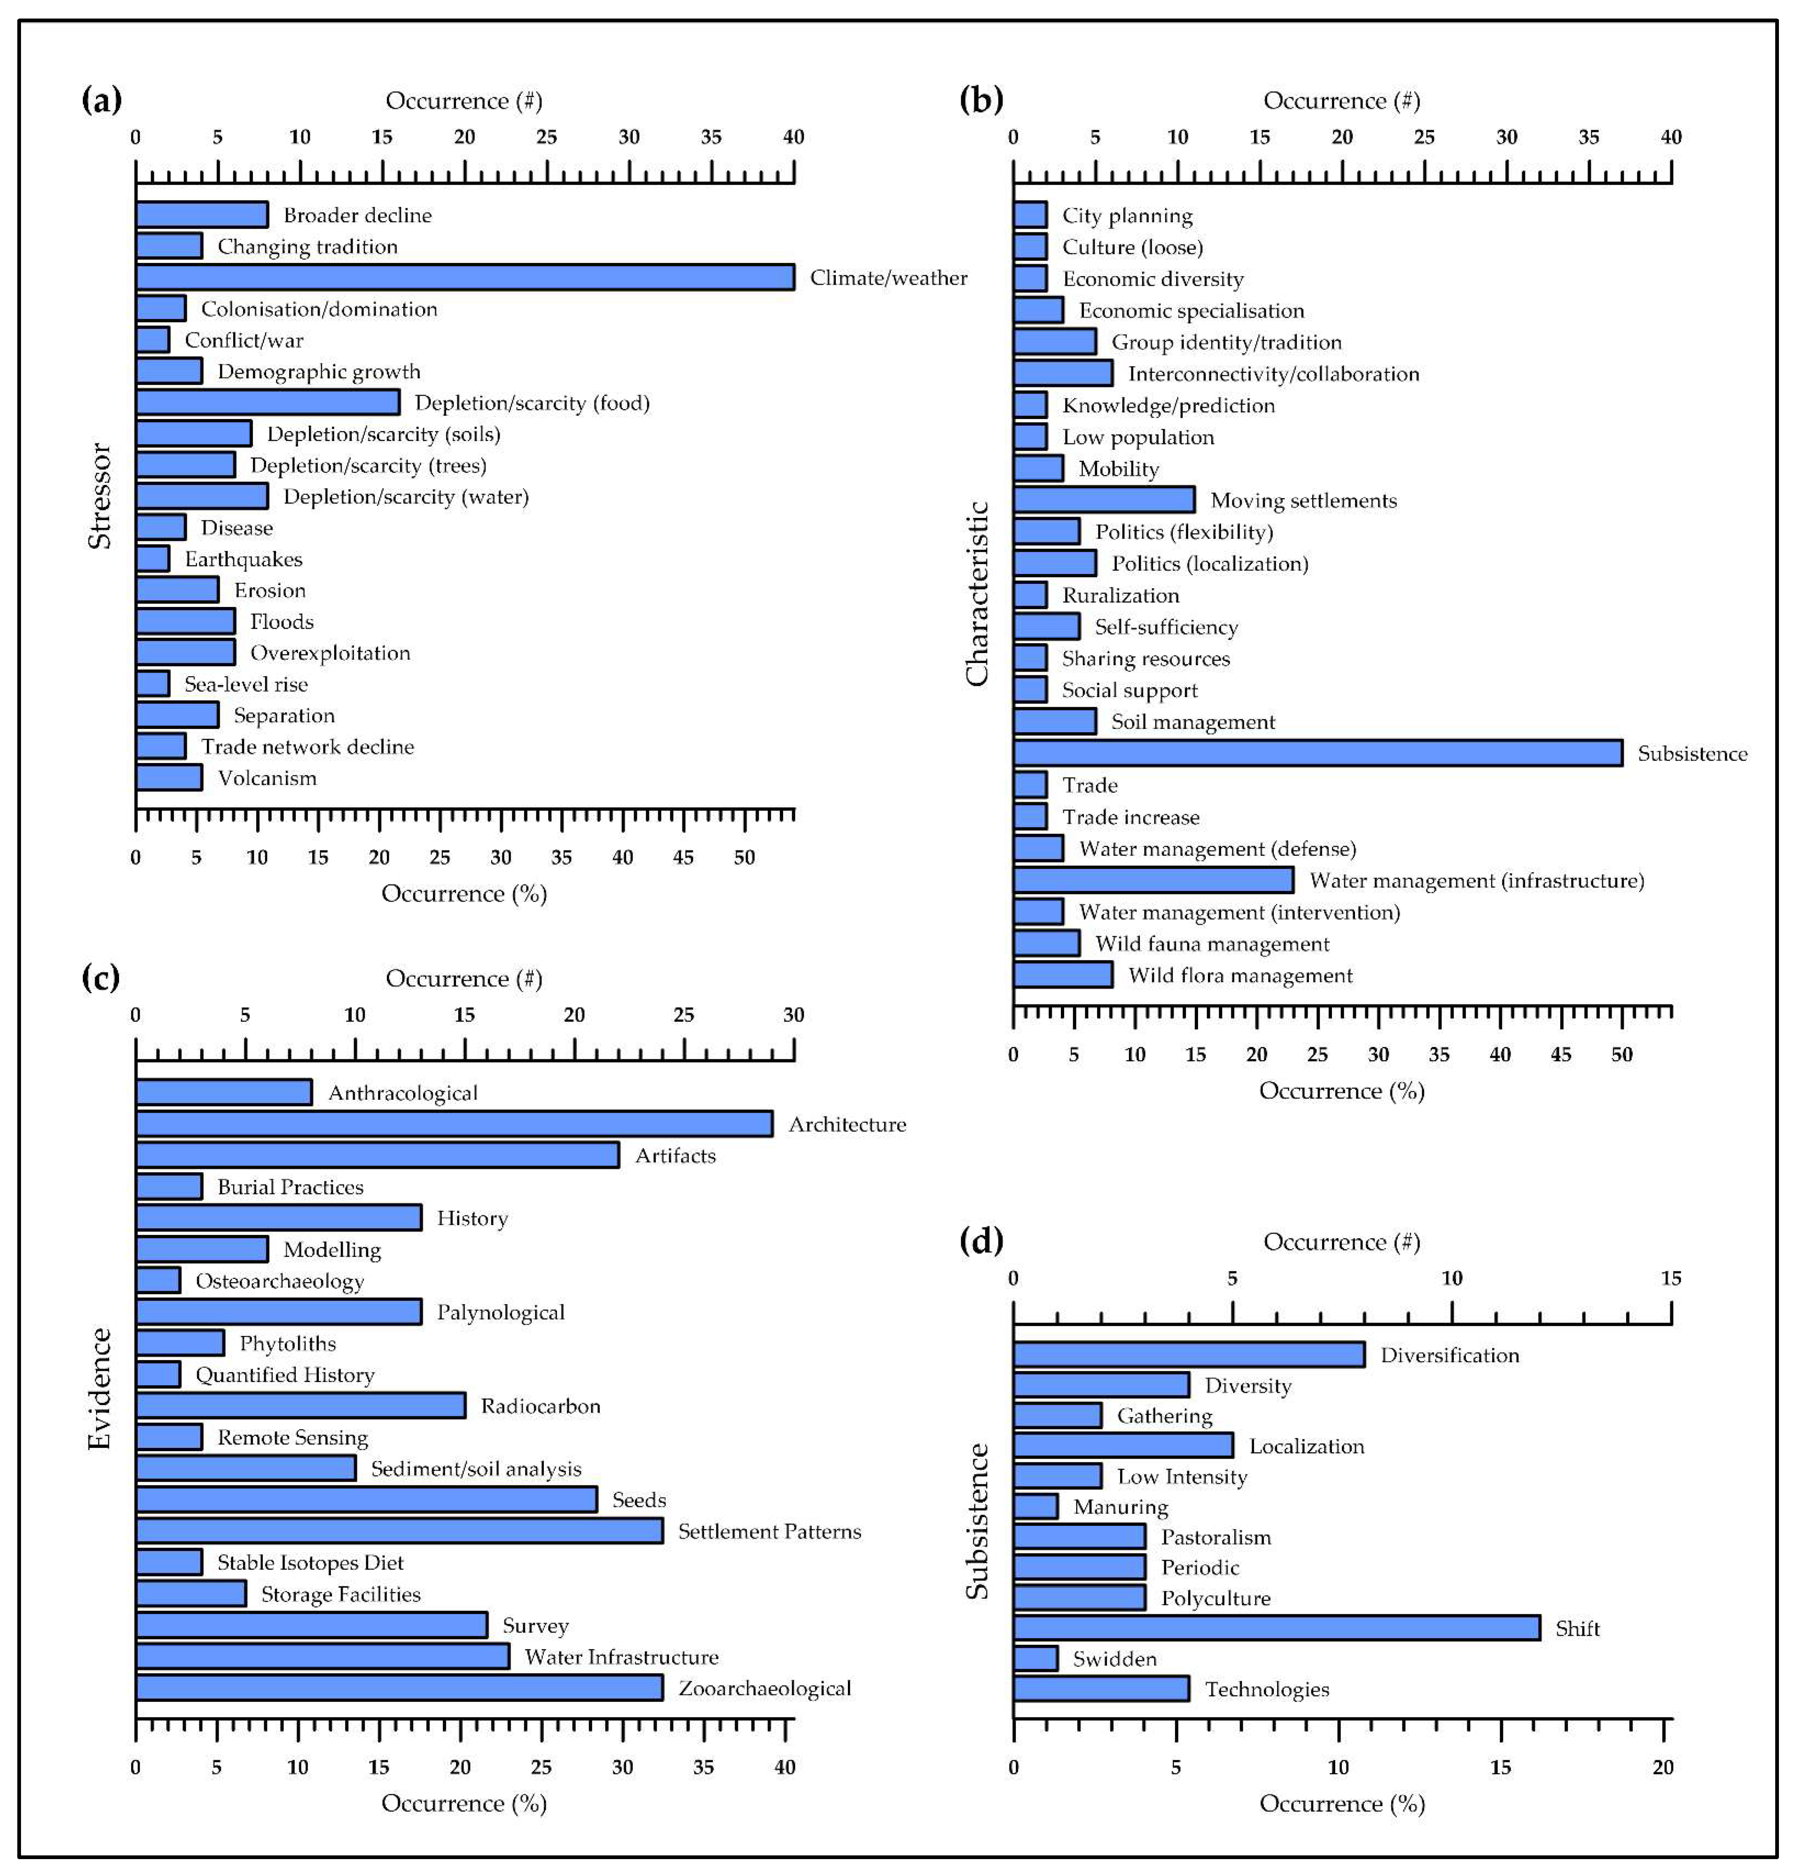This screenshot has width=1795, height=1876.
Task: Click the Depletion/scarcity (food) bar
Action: coord(268,402)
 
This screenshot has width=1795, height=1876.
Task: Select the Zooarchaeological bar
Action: coord(399,1687)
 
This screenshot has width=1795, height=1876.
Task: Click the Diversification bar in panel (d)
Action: coord(1189,1354)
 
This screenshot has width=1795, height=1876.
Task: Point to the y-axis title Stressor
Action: coord(100,496)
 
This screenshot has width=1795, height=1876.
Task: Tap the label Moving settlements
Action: coord(1303,501)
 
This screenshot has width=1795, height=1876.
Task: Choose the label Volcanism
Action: coord(267,778)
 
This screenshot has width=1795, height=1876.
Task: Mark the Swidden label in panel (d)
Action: coord(1115,1659)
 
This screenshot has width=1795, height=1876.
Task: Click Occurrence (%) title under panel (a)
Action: coord(464,893)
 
